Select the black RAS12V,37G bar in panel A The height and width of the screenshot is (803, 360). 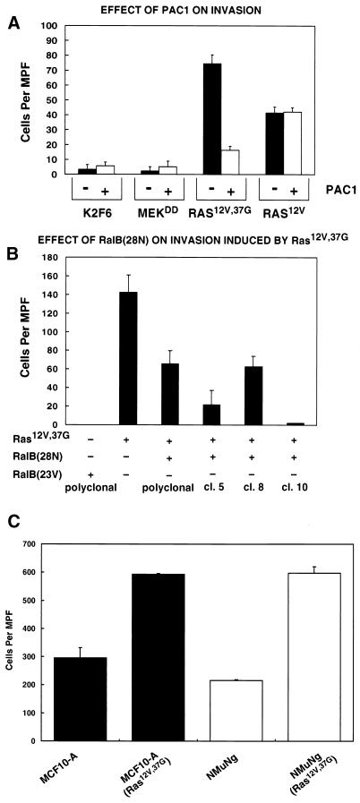tap(213, 119)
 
